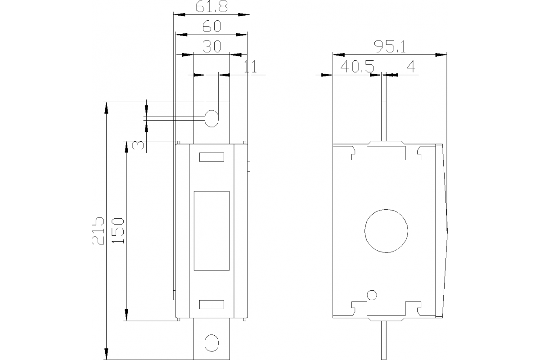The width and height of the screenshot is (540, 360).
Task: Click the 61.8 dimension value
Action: pos(211,7)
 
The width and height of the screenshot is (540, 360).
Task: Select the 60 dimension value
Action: pos(211,27)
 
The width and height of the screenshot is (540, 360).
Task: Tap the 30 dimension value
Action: pos(211,47)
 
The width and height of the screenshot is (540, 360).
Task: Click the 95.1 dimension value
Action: pos(390,47)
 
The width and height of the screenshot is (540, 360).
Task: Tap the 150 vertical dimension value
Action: pos(118,230)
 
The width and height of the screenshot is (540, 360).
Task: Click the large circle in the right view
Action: pos(387,230)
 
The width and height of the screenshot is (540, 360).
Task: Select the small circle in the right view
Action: pos(372,295)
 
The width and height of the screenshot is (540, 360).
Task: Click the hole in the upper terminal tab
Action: pos(211,118)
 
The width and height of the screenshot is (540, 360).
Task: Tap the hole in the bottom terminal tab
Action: pos(211,342)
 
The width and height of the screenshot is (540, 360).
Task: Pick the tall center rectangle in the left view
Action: pos(211,230)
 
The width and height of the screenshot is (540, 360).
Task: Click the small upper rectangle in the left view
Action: pos(211,157)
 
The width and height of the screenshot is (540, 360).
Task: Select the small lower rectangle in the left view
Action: pos(211,305)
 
